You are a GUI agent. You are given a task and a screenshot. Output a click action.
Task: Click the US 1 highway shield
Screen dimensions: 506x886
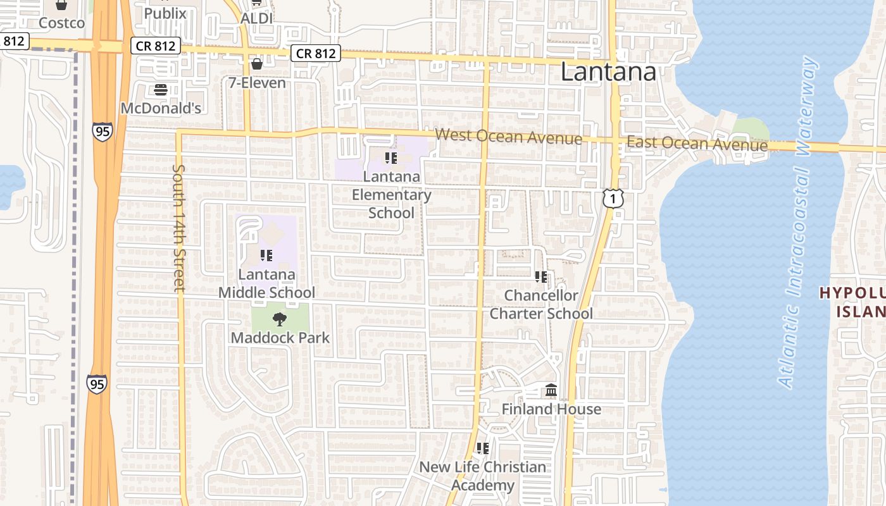click(613, 199)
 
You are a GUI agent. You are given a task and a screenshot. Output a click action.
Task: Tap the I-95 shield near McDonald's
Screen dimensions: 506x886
click(101, 131)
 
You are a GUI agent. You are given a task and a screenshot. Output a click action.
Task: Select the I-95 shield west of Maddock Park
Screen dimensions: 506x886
click(97, 383)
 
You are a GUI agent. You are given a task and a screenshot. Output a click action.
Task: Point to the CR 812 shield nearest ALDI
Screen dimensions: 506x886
click(316, 53)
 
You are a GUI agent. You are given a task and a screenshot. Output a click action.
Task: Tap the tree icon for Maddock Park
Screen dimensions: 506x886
click(279, 319)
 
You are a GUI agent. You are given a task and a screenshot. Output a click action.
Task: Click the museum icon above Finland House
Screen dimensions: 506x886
click(551, 390)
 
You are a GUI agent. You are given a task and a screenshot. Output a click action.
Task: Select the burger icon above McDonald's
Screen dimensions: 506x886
click(160, 89)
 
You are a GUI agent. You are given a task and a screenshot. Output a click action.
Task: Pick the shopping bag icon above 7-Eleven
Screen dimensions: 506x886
click(257, 64)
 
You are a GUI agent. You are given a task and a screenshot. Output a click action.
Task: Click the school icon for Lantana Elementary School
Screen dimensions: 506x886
click(391, 157)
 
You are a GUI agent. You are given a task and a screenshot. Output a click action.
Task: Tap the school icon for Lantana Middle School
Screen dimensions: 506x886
click(266, 256)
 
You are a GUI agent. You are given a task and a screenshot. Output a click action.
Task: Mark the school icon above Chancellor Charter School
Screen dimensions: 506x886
click(541, 276)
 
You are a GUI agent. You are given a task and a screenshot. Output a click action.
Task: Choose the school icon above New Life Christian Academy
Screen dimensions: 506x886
click(483, 448)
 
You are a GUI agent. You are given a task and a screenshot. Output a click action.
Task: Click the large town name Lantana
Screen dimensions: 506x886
click(608, 71)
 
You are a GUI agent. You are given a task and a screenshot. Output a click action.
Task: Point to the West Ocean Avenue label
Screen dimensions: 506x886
click(508, 136)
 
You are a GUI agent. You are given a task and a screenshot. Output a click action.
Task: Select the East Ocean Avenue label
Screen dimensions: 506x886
click(697, 144)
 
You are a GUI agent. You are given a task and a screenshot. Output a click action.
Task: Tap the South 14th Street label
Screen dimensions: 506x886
click(179, 228)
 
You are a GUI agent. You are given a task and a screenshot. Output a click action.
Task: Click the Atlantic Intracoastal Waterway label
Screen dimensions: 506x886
click(797, 222)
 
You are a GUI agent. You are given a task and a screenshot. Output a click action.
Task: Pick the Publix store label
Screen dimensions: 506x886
click(166, 13)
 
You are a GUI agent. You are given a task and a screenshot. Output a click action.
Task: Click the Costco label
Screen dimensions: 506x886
click(61, 23)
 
